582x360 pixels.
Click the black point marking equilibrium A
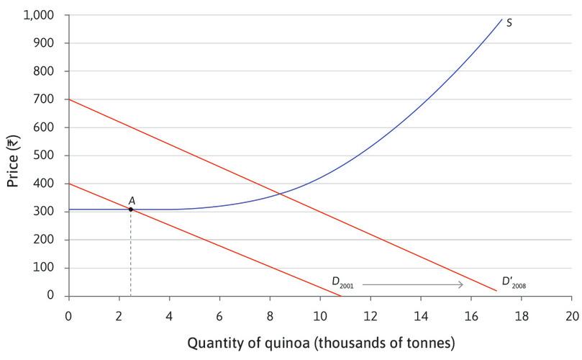coord(130,209)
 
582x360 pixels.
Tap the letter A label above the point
coord(132,200)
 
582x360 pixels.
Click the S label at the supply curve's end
coord(509,22)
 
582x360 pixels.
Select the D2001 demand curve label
coord(342,284)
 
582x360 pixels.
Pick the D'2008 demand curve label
coord(514,284)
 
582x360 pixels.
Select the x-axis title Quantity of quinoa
coord(321,343)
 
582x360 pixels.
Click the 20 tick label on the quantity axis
coord(572,315)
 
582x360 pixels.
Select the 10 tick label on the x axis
coord(320,315)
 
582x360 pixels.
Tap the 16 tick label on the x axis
coord(471,315)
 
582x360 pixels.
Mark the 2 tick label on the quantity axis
coord(119,315)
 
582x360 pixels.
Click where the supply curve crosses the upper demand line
coord(281,193)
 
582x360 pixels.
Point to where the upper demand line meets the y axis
coord(68,99)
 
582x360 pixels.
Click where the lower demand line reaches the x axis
coord(341,296)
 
